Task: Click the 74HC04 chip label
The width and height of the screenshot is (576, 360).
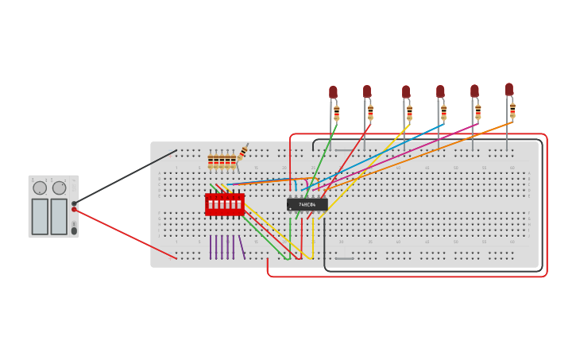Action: coord(307,205)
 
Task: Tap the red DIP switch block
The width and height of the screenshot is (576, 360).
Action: coord(225,204)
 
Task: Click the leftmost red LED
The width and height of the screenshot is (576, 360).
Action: coord(333,92)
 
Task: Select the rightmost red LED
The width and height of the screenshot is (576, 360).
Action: coord(509,89)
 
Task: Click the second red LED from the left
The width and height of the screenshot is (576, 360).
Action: coord(367,91)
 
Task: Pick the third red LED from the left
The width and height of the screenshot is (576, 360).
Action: coord(406,91)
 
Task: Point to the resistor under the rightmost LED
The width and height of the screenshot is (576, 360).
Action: coord(512,110)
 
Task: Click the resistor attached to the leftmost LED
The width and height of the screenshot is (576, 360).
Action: coord(336,113)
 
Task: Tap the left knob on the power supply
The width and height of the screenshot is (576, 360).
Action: coord(40,188)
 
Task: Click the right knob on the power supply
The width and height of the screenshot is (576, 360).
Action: coord(60,188)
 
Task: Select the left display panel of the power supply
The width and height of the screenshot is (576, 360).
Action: coord(40,216)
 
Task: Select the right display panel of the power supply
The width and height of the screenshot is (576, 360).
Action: coord(59,216)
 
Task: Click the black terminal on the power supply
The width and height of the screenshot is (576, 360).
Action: coord(74,203)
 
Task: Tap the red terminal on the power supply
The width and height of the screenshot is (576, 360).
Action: coord(74,210)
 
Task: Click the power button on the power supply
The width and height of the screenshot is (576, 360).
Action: coord(74,230)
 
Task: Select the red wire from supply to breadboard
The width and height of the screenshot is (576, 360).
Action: coord(127,234)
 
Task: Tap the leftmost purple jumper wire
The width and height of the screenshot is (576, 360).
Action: coord(211,247)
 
